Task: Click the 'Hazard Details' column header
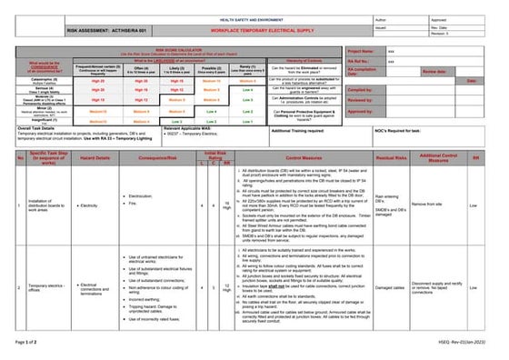(94, 157)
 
